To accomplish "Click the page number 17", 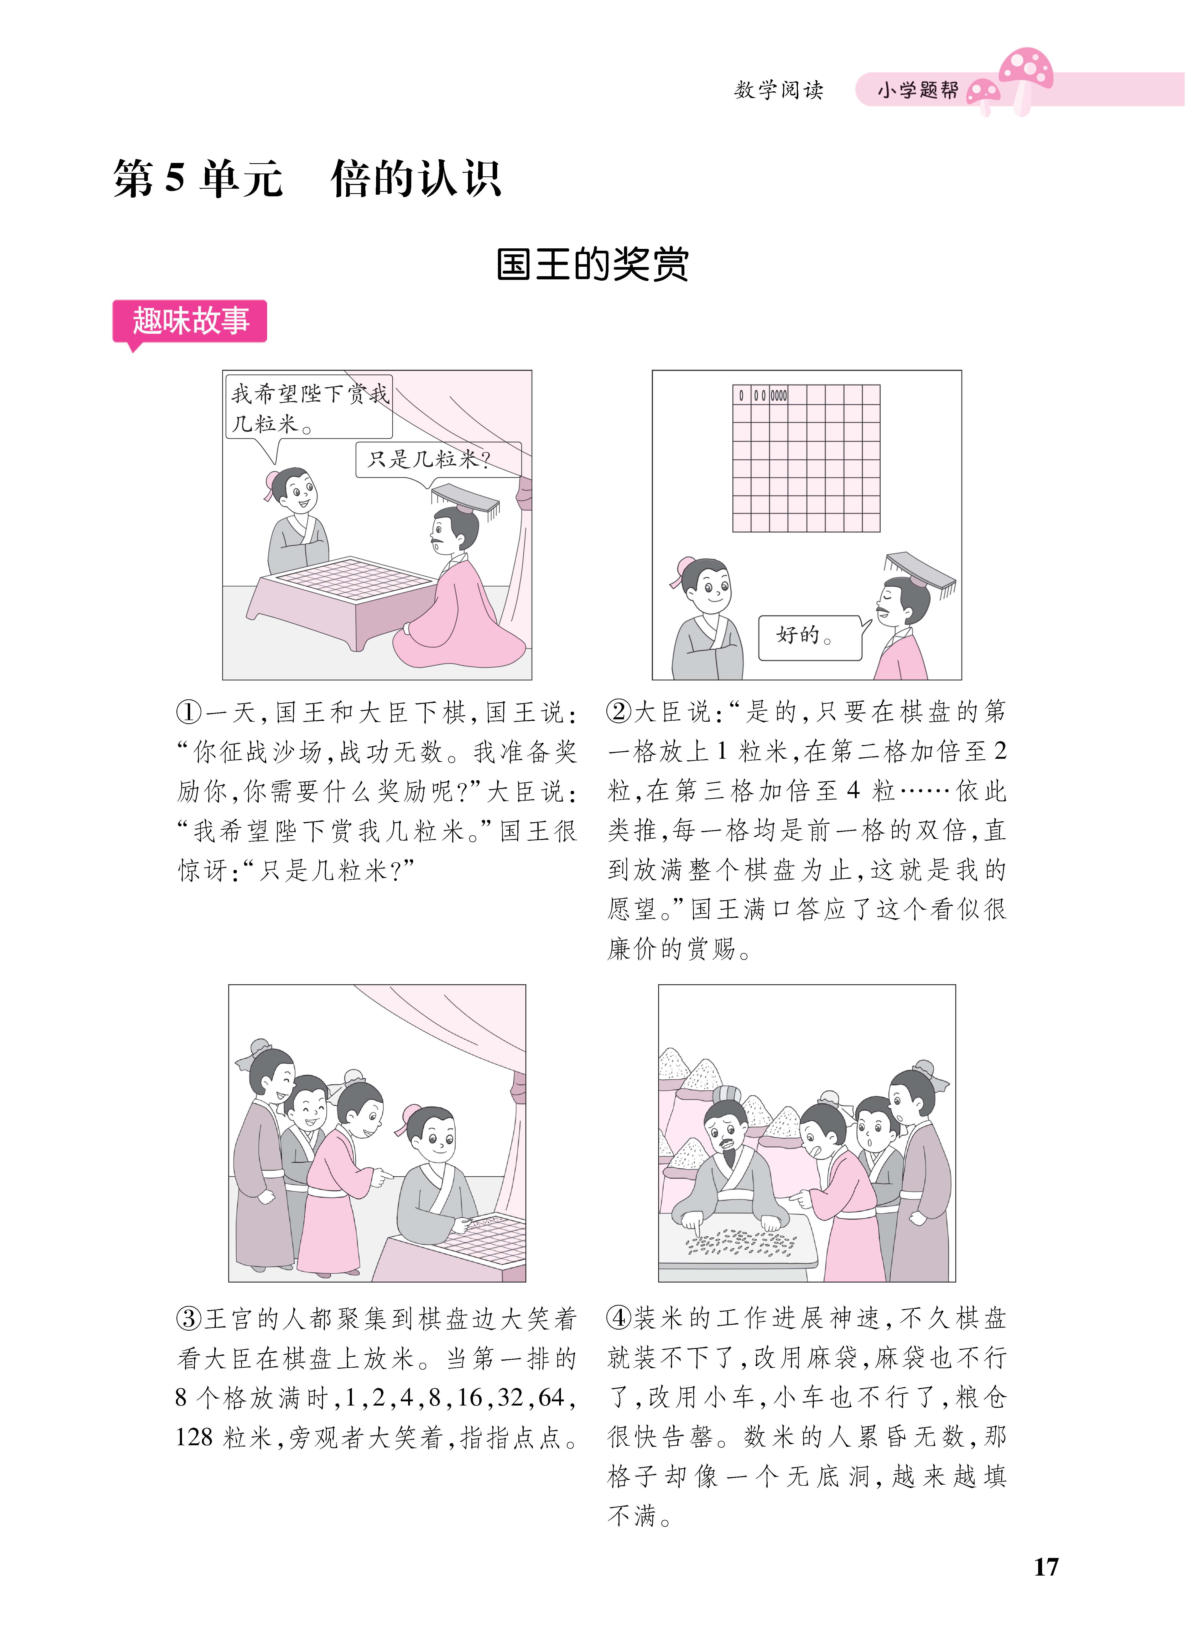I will (x=1045, y=1567).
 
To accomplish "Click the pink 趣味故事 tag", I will (x=190, y=321).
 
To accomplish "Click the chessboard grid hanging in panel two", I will (x=806, y=459).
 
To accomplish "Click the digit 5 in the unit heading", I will (x=175, y=178).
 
